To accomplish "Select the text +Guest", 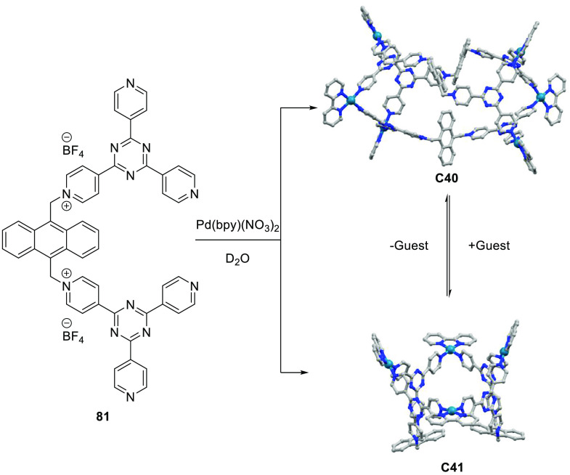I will pyautogui.click(x=491, y=245).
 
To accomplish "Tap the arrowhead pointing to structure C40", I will pyautogui.click(x=317, y=110).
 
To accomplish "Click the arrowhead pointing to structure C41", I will pyautogui.click(x=317, y=373).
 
